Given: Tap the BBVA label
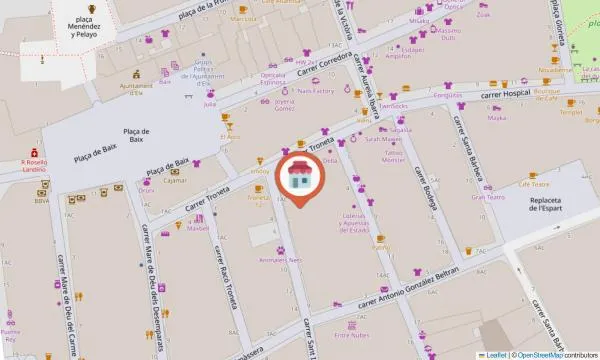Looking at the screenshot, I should point(41,200).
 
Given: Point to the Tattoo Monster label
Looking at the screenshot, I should point(394,159).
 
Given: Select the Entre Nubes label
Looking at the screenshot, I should point(352,336).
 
